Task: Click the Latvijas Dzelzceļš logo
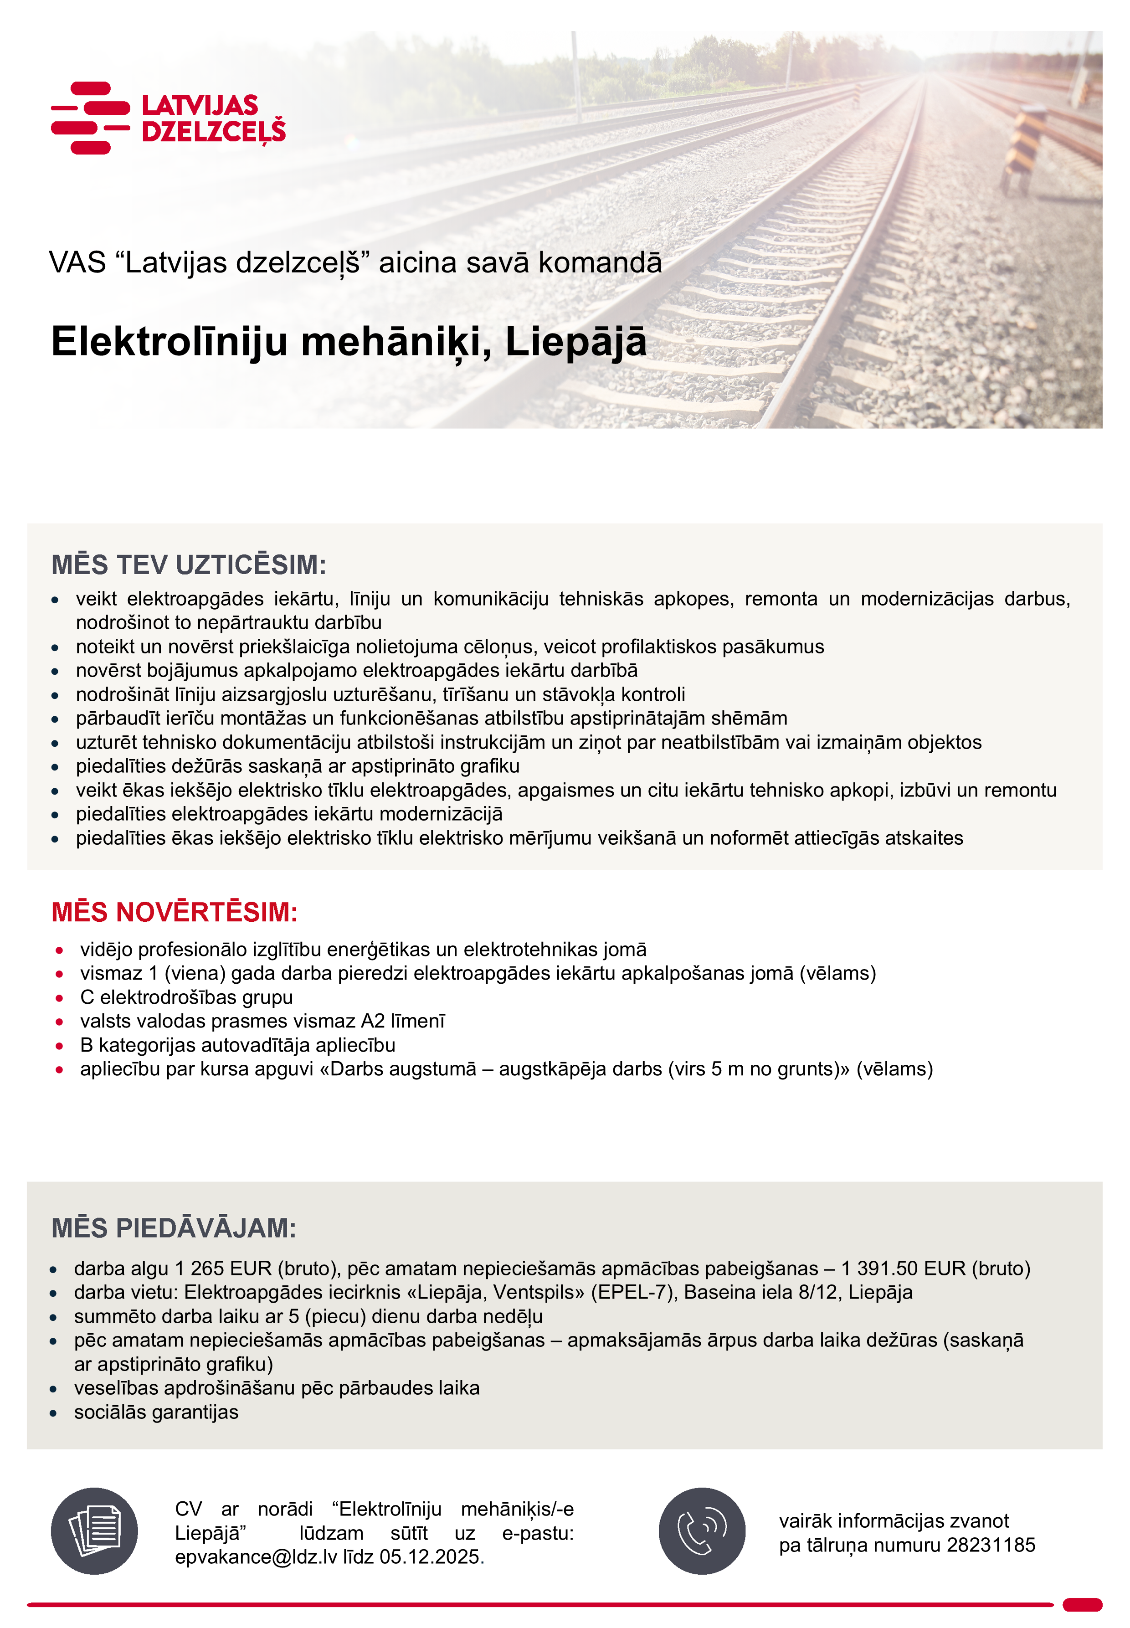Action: [x=169, y=118]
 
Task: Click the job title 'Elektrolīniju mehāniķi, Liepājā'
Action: [x=349, y=342]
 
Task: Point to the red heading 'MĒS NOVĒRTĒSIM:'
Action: [x=174, y=912]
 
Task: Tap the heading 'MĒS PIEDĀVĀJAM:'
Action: [x=174, y=1228]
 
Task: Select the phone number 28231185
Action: [x=991, y=1545]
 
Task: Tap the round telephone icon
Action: [x=702, y=1531]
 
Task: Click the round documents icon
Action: [x=94, y=1531]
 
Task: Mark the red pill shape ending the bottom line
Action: [x=1082, y=1605]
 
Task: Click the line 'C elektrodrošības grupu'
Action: [x=186, y=997]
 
